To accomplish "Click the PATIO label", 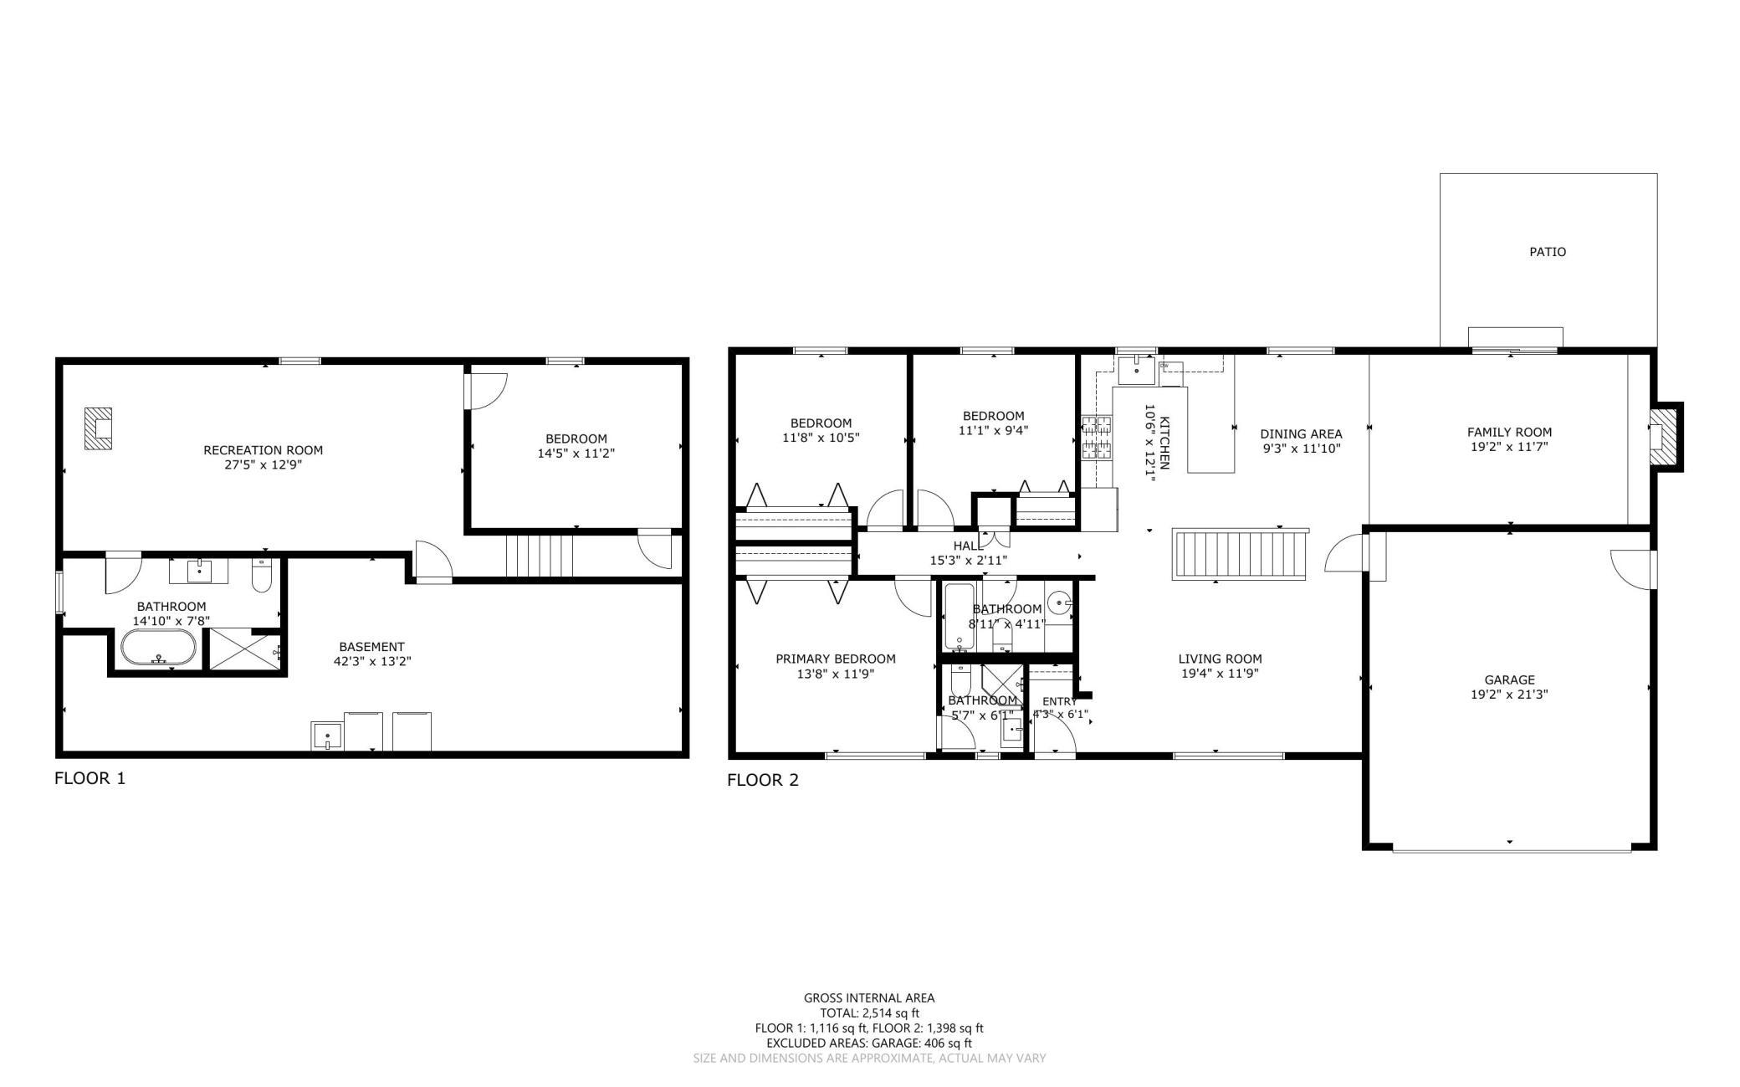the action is (1548, 252).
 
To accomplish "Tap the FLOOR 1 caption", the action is (90, 778).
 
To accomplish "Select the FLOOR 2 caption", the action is (763, 781).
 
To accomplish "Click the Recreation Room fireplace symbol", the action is (99, 428).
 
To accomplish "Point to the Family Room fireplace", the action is (1666, 437).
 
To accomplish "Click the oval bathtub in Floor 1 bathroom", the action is (159, 648).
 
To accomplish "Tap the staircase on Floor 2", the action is (1240, 553).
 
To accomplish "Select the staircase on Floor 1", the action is (540, 556).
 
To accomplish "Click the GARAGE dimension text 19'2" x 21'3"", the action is (1510, 695).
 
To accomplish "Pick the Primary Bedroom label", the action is (836, 659).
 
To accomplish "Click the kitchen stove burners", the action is (1098, 438).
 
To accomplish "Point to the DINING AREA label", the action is (1301, 434).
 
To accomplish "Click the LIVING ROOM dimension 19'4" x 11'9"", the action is (1221, 674).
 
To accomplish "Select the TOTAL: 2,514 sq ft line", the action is (869, 1013).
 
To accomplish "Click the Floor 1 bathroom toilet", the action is (262, 575).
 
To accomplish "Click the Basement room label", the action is (371, 647).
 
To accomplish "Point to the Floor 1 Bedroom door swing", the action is (487, 390).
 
